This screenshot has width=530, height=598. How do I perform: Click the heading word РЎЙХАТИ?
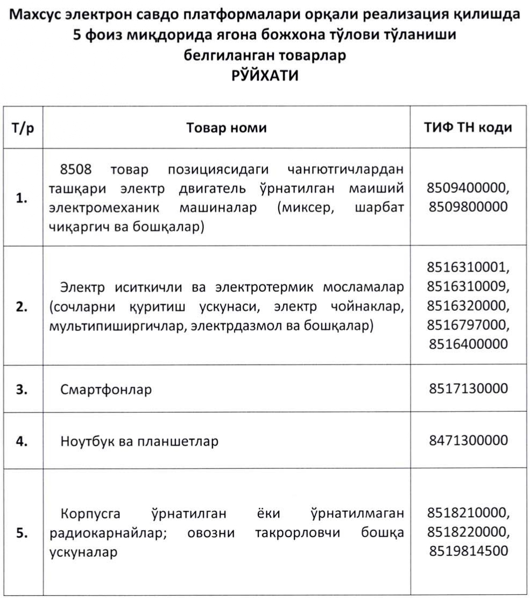(265, 75)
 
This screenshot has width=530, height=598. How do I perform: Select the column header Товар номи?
(227, 128)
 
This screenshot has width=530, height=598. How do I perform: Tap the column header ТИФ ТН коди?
(468, 127)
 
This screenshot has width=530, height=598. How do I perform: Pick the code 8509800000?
(467, 206)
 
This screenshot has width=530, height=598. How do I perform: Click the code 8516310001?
(467, 267)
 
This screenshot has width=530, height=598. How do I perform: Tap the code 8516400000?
(467, 343)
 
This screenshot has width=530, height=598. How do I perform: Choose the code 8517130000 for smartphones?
(467, 389)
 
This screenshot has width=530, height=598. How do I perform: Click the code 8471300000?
(467, 441)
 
